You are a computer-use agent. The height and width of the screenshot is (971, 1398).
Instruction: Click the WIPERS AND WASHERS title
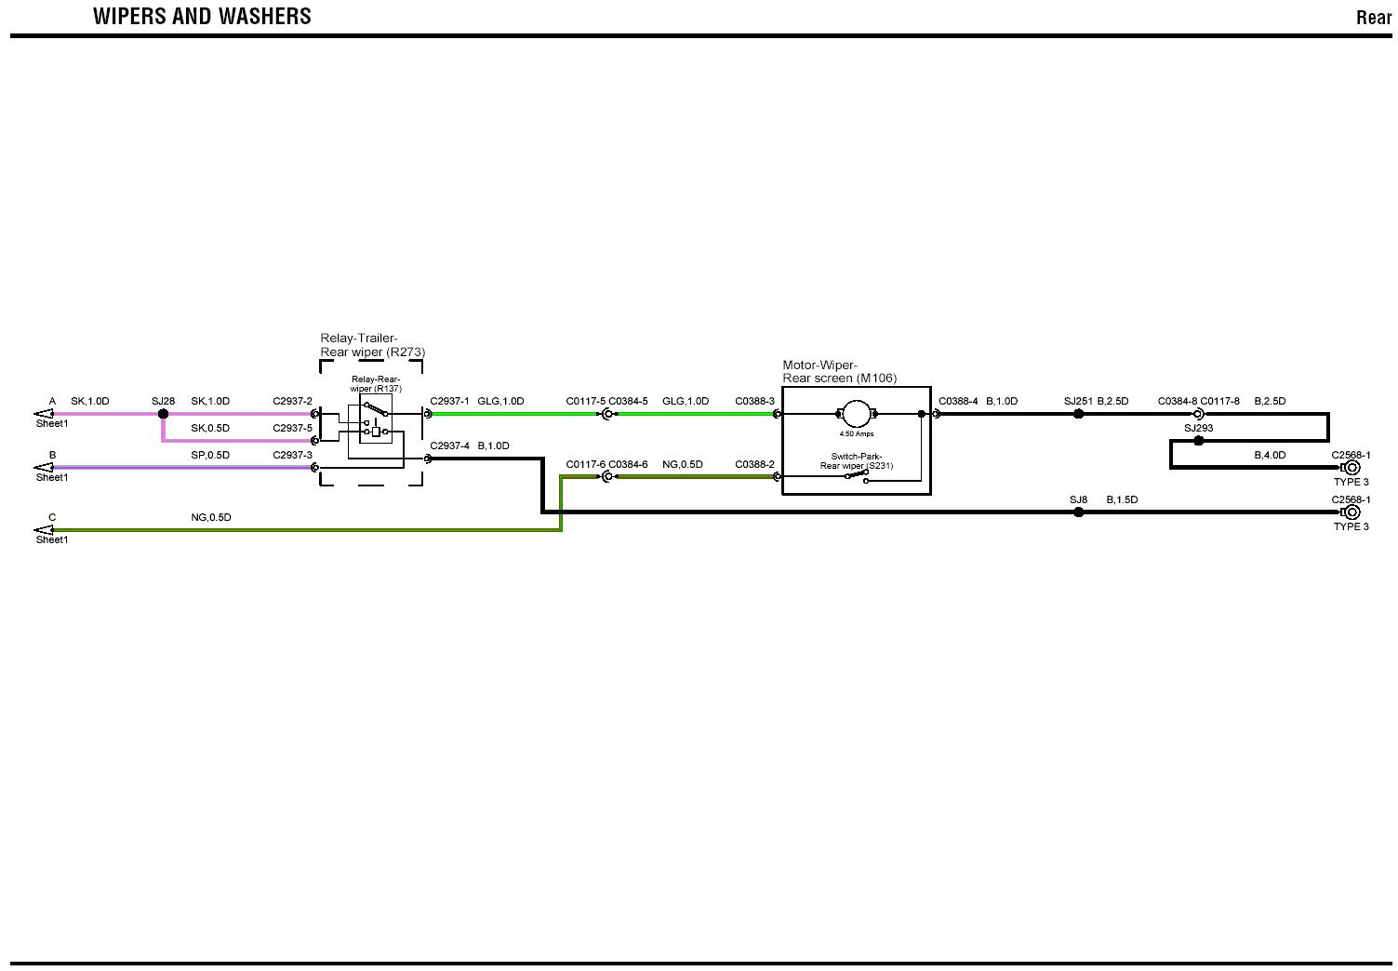pyautogui.click(x=202, y=17)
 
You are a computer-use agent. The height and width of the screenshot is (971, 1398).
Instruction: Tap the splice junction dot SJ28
pyautogui.click(x=163, y=414)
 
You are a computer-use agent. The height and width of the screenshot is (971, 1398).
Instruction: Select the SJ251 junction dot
pyautogui.click(x=1079, y=414)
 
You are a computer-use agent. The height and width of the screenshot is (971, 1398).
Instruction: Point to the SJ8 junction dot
pyautogui.click(x=1079, y=512)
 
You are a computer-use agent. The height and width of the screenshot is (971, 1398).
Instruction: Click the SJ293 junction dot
pyautogui.click(x=1198, y=441)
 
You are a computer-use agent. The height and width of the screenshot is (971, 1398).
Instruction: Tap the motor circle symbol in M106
pyautogui.click(x=855, y=414)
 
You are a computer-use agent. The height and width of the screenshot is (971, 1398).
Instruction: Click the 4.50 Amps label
pyautogui.click(x=856, y=434)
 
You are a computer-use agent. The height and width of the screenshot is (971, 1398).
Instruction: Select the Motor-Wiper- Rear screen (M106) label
pyautogui.click(x=839, y=372)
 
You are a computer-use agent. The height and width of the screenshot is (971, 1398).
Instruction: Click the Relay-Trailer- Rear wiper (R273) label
pyautogui.click(x=372, y=345)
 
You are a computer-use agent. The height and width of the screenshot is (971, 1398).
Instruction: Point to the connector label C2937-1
pyautogui.click(x=449, y=402)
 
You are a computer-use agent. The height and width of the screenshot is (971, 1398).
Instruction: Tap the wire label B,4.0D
pyautogui.click(x=1270, y=456)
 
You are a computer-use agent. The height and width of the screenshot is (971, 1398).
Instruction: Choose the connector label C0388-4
pyautogui.click(x=958, y=402)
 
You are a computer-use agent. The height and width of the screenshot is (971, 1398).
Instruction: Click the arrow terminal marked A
pyautogui.click(x=44, y=414)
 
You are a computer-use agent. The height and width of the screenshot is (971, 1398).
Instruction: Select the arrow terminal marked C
pyautogui.click(x=44, y=530)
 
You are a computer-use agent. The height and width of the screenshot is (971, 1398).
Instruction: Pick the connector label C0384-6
pyautogui.click(x=628, y=465)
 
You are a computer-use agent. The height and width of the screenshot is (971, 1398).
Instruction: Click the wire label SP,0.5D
pyautogui.click(x=210, y=456)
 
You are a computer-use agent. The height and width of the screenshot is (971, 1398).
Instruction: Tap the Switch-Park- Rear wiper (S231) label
pyautogui.click(x=856, y=461)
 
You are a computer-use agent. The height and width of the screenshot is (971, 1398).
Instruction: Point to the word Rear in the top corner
pyautogui.click(x=1373, y=18)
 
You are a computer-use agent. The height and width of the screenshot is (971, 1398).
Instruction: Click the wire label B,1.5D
pyautogui.click(x=1122, y=500)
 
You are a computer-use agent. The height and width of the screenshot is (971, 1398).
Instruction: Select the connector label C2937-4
pyautogui.click(x=449, y=446)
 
